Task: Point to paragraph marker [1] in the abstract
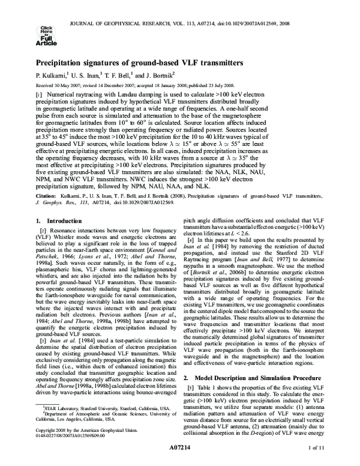point(39,95)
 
